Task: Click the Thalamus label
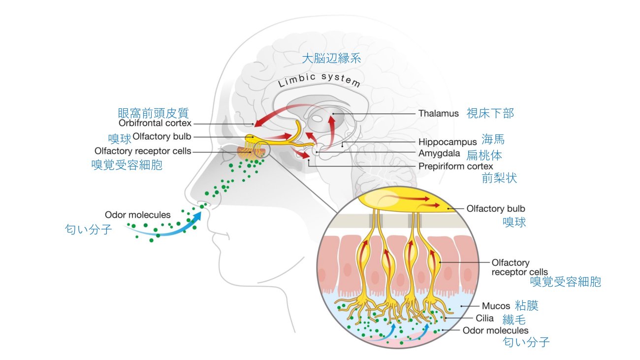439,113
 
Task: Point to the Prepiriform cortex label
455,166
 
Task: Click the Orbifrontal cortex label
155,123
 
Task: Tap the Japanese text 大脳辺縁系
331,59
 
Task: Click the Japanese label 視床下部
490,113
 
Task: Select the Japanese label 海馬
493,139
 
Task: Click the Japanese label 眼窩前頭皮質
153,113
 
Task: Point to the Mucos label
496,306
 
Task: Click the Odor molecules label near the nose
138,215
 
